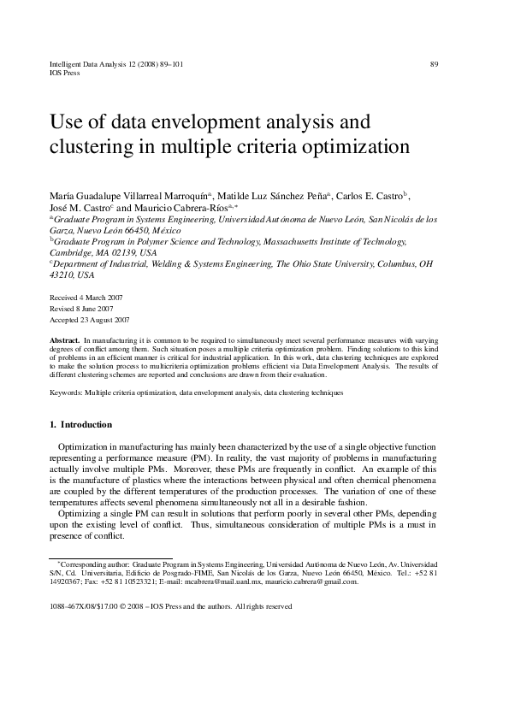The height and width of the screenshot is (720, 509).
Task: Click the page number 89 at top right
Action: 434,64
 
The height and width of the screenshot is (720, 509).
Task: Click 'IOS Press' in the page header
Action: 66,74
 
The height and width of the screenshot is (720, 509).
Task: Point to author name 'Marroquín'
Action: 185,194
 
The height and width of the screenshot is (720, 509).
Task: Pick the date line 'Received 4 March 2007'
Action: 88,297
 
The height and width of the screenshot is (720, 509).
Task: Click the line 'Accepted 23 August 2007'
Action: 91,320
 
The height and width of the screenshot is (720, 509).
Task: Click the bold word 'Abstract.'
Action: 66,340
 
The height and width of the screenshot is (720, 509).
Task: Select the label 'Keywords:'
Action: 69,392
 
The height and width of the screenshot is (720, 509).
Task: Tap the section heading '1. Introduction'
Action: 80,425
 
